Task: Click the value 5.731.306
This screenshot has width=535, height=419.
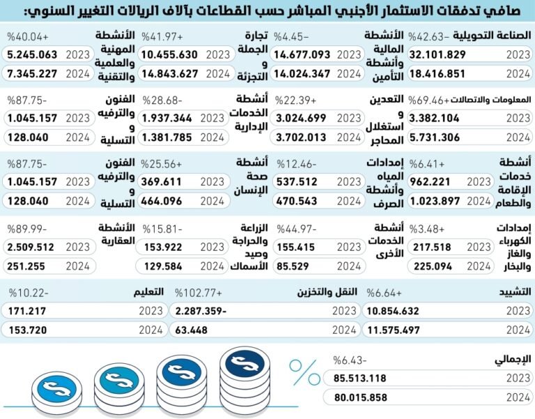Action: [x=439, y=137]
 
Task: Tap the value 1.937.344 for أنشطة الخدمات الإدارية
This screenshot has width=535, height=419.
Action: [x=170, y=119]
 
